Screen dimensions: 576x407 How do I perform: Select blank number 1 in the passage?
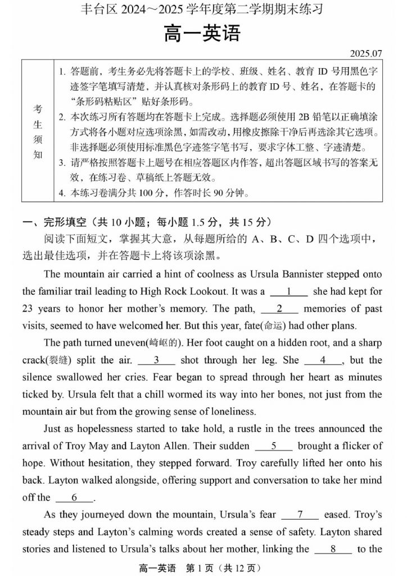[288, 291]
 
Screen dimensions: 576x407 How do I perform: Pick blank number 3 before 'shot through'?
[156, 360]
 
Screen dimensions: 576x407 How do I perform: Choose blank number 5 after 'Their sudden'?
[274, 446]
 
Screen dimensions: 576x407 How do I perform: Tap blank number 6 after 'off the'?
[74, 497]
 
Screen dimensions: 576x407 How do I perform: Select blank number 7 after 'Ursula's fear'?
[300, 515]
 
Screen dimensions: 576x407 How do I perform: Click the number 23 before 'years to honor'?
[29, 308]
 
